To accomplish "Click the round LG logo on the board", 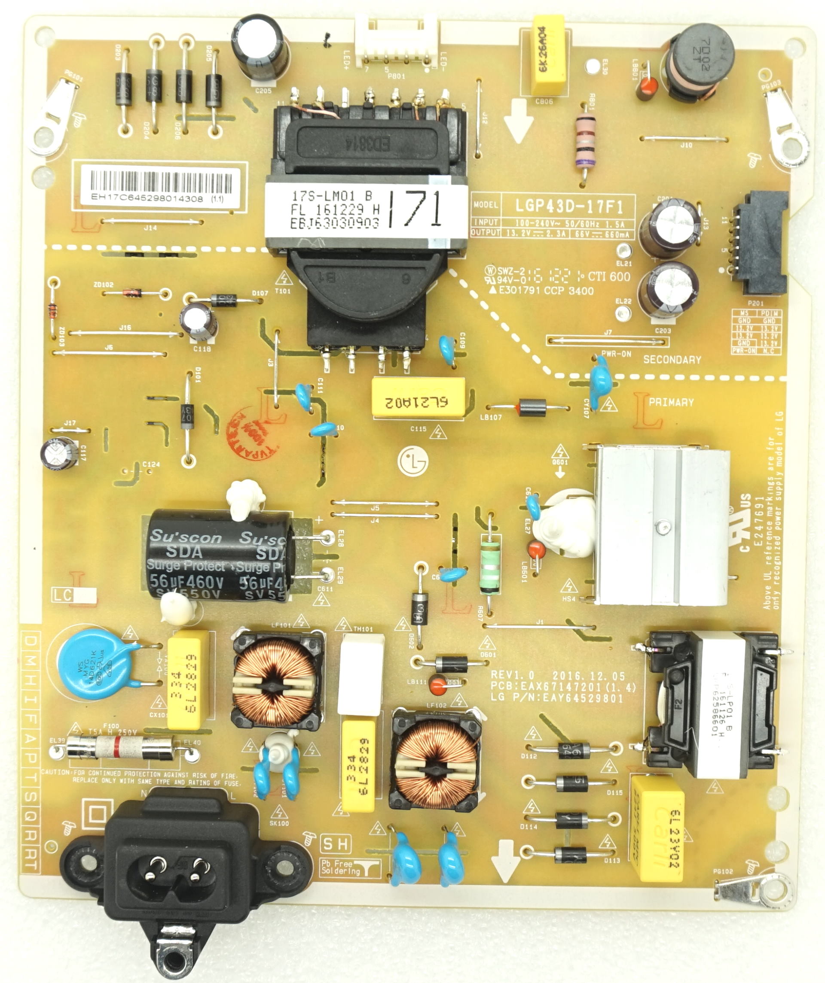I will click(x=412, y=461).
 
